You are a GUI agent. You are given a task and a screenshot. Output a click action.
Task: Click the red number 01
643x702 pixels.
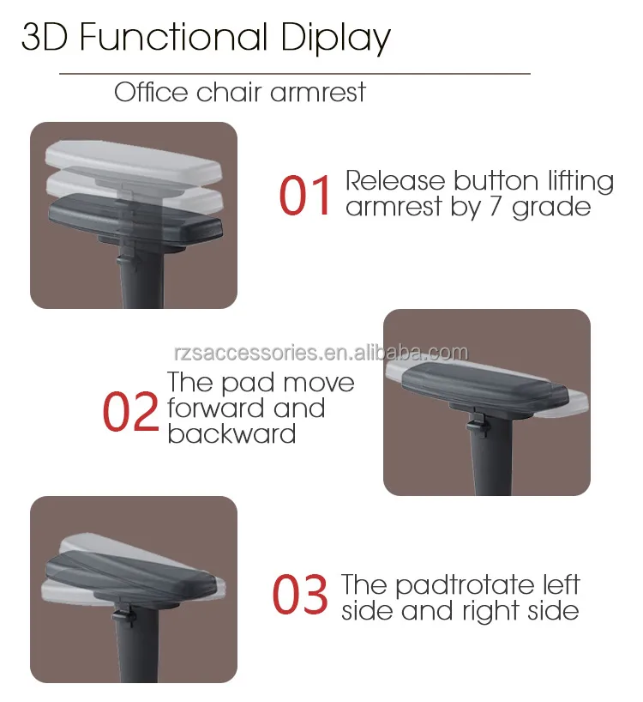pos(305,195)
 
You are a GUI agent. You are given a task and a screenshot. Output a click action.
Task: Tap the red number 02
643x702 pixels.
pos(130,411)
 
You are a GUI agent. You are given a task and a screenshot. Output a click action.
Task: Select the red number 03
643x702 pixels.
pos(300,595)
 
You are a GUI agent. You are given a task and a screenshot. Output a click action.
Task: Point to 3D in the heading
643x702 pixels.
pos(44,39)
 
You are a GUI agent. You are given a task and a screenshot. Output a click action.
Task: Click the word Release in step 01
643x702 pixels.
pos(395,181)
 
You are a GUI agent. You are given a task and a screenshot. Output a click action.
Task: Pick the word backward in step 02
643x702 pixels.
pos(231,433)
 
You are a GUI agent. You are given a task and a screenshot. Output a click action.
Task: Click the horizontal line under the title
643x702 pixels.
pos(294,74)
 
